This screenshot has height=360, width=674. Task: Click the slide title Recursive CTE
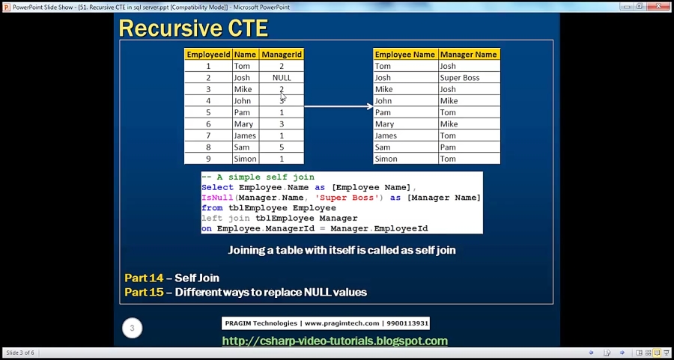point(193,28)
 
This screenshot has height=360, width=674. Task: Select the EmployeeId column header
point(208,55)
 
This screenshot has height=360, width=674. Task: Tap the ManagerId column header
point(282,55)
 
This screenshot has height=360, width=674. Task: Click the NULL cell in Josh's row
point(282,78)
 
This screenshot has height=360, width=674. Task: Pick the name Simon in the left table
point(245,159)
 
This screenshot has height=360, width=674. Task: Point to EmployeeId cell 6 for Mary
point(208,124)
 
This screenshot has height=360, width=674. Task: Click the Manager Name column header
point(468,55)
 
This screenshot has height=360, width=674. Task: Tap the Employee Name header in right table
point(404,55)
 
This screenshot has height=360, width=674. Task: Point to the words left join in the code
point(227,219)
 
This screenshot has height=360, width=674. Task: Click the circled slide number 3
point(133,328)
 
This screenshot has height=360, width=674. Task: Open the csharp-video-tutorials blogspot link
point(335,341)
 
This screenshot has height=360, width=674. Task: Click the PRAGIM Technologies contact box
point(326,323)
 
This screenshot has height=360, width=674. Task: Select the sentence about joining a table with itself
point(341,250)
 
